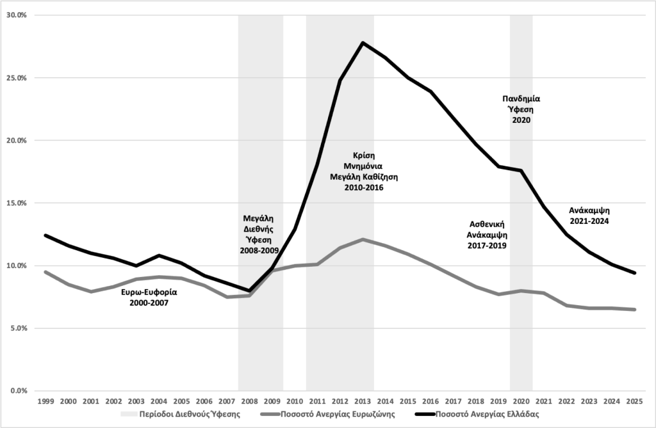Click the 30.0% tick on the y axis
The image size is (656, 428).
(17, 15)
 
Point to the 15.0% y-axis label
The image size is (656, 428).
(17, 203)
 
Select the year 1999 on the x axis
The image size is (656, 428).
(45, 402)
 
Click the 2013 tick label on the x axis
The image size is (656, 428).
(363, 402)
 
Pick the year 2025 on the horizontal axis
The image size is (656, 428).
(634, 402)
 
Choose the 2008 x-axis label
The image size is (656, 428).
(249, 402)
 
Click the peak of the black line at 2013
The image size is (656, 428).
(363, 43)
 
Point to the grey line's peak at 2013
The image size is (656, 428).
(363, 239)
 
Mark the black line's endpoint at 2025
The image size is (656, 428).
(634, 273)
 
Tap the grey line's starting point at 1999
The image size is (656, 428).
(45, 272)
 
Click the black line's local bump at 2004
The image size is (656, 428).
(159, 255)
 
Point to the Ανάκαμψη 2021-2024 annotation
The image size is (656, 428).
(589, 216)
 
